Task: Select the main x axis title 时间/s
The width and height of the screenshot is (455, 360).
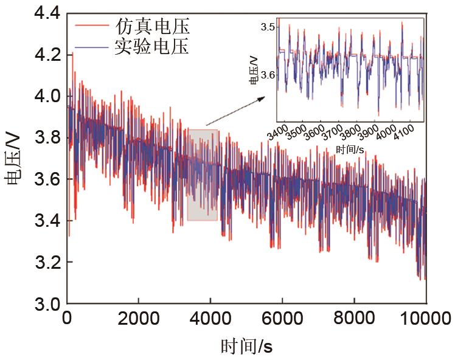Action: click(246, 347)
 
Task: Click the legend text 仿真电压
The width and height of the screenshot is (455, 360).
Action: click(152, 27)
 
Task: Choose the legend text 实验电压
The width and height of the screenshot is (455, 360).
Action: click(152, 46)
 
